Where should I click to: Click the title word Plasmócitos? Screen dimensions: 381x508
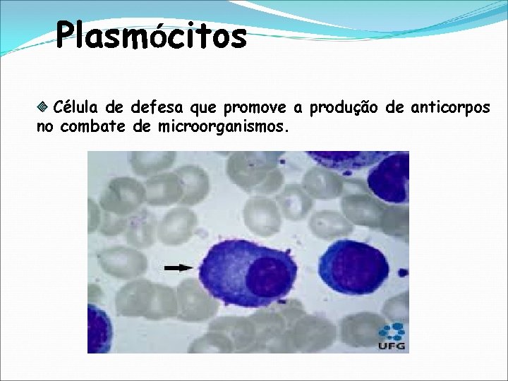pyautogui.click(x=152, y=35)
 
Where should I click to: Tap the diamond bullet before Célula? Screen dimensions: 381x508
pyautogui.click(x=42, y=108)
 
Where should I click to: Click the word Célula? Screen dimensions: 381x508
pyautogui.click(x=76, y=108)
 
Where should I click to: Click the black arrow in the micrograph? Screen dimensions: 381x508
pyautogui.click(x=178, y=267)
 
